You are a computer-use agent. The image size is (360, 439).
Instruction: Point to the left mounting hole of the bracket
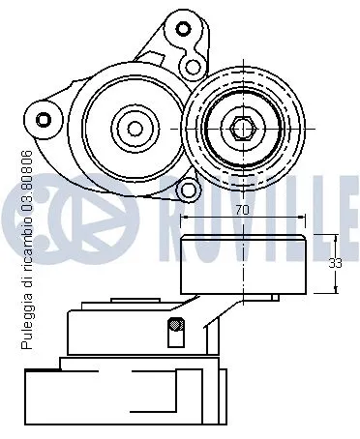43,119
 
